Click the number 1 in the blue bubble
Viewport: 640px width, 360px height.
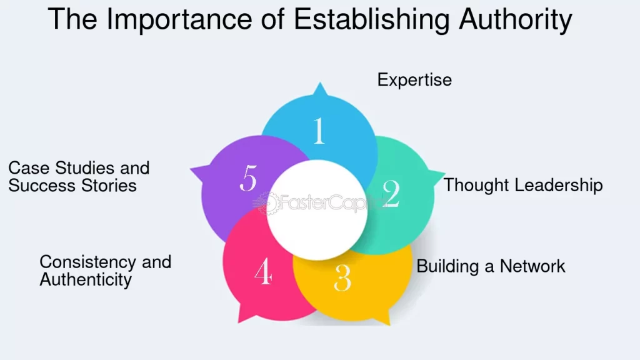click(x=319, y=131)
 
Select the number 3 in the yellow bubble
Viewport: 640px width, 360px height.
click(x=342, y=278)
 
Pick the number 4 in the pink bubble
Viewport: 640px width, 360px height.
click(x=263, y=272)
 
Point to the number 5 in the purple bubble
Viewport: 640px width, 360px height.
click(x=248, y=180)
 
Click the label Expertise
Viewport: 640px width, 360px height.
click(x=414, y=80)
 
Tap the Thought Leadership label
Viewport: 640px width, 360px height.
click(x=523, y=185)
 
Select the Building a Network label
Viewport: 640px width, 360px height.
click(x=491, y=266)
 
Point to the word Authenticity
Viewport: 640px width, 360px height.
click(x=86, y=279)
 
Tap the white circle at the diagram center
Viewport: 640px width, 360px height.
click(x=317, y=210)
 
